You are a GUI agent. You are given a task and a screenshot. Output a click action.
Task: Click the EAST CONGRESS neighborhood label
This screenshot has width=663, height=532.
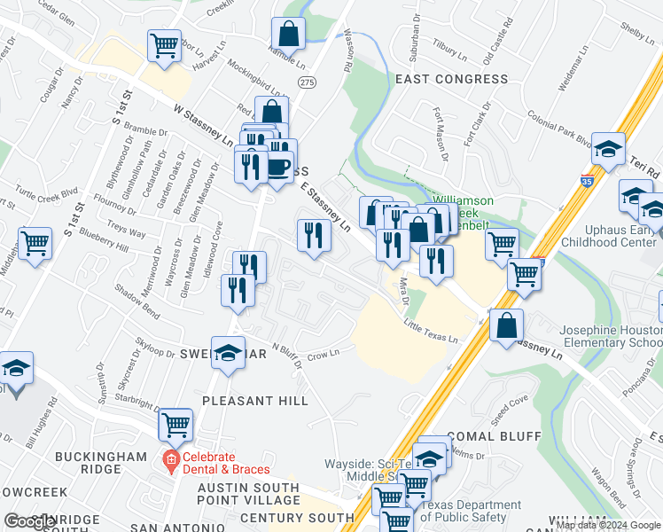point(451,79)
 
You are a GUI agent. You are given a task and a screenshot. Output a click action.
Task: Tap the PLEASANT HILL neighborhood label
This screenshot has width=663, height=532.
point(255,401)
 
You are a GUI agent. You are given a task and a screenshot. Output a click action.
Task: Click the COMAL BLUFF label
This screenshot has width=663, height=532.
point(494,436)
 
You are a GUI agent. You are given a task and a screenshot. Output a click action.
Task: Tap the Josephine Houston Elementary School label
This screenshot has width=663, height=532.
point(611,336)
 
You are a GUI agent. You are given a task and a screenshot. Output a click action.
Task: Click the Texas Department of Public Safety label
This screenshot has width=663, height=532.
point(470,511)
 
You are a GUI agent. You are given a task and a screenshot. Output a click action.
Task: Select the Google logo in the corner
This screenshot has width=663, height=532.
point(28,521)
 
